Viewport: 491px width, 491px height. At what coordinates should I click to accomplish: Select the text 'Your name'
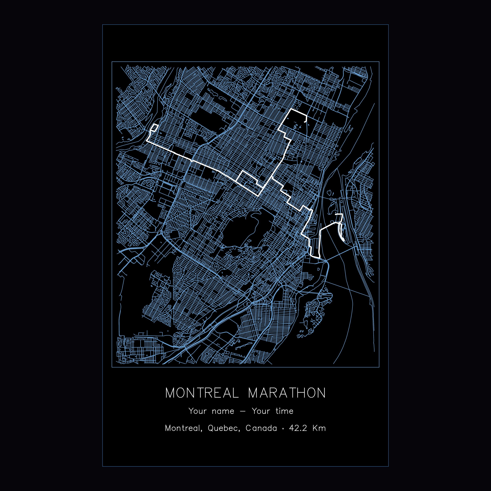(x=211, y=418)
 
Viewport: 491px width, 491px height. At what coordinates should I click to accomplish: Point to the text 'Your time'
(x=272, y=418)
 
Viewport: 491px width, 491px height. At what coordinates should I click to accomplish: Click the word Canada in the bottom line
(x=261, y=436)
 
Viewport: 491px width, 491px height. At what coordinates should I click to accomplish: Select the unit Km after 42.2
(x=319, y=436)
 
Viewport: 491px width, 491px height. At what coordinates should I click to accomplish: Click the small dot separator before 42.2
(x=283, y=436)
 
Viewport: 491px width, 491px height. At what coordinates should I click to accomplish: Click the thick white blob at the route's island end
(x=343, y=239)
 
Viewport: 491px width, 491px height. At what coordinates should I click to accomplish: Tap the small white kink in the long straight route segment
(x=192, y=161)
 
